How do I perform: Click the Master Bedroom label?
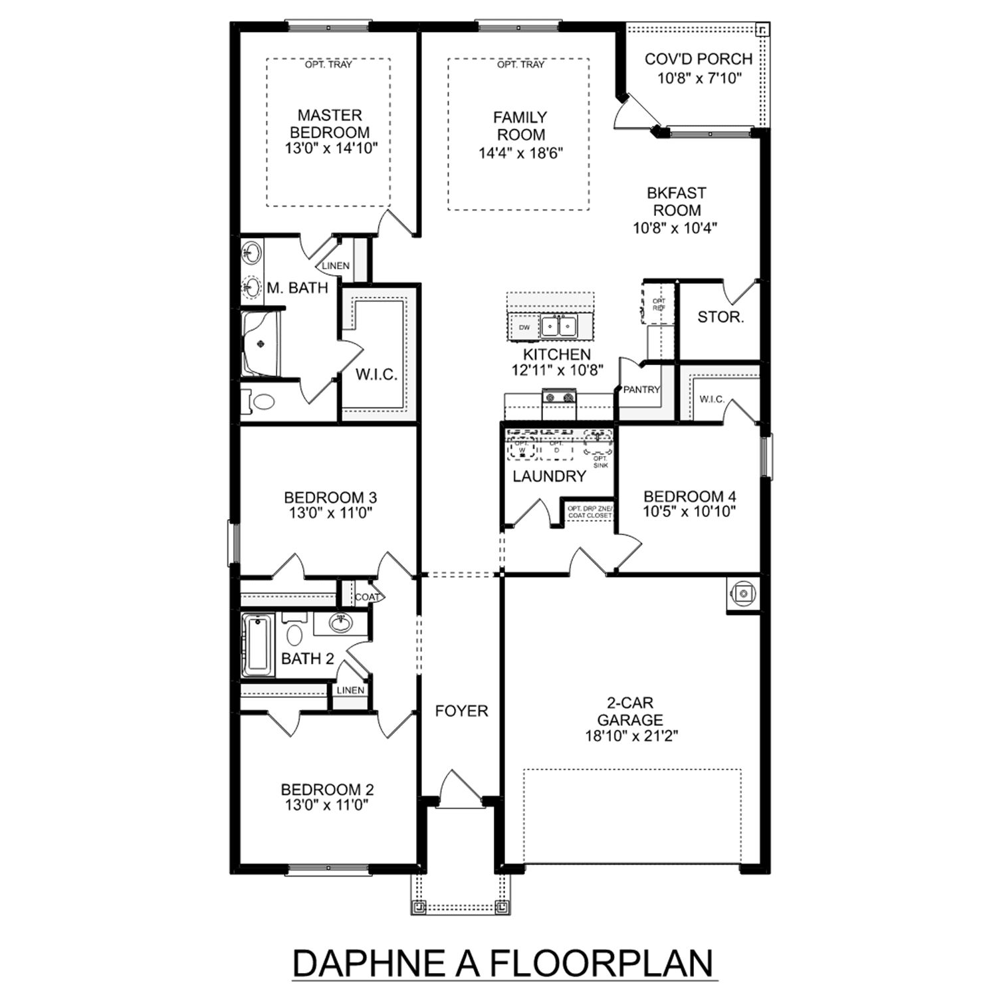330,124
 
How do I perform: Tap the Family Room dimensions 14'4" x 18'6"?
520,154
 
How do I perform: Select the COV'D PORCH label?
699,59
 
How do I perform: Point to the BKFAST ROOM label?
676,201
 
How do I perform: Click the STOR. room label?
720,317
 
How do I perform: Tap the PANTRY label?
641,389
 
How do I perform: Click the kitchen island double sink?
558,326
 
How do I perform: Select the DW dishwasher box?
524,327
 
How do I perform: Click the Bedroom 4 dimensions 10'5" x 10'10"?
689,512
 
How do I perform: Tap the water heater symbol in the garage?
743,594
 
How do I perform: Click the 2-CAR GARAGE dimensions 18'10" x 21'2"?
630,736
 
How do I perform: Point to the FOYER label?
461,711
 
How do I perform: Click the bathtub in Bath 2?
257,644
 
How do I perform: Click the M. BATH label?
297,288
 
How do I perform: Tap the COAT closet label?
367,597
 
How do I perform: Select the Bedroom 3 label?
330,497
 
